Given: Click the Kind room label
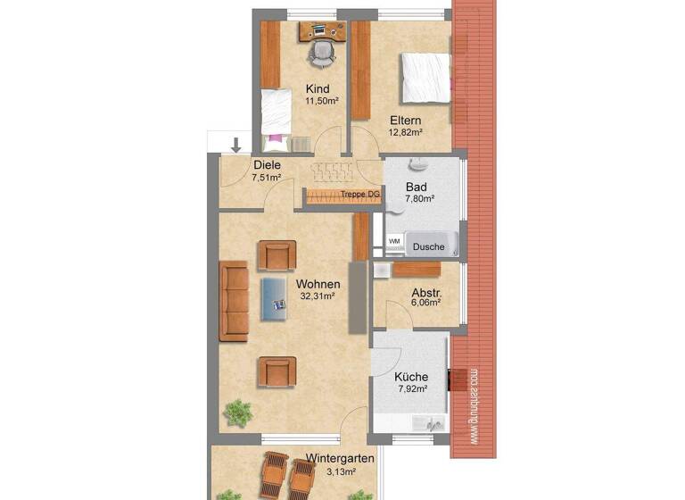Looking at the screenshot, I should click(x=318, y=89).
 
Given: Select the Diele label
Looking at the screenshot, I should click(x=267, y=165).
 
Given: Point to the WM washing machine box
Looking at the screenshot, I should click(x=394, y=241).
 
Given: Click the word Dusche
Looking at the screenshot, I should click(x=428, y=247).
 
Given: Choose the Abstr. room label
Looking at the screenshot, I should click(x=427, y=292).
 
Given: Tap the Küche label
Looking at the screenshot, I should click(x=411, y=377).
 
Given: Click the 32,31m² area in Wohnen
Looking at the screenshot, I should click(x=317, y=296).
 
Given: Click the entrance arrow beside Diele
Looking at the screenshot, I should click(x=236, y=144).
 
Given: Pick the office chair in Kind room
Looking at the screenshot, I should click(x=320, y=53).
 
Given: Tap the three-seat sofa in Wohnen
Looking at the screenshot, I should click(x=234, y=301).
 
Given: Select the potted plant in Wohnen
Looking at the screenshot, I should click(x=237, y=412).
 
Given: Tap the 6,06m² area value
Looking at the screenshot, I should click(x=426, y=303).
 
